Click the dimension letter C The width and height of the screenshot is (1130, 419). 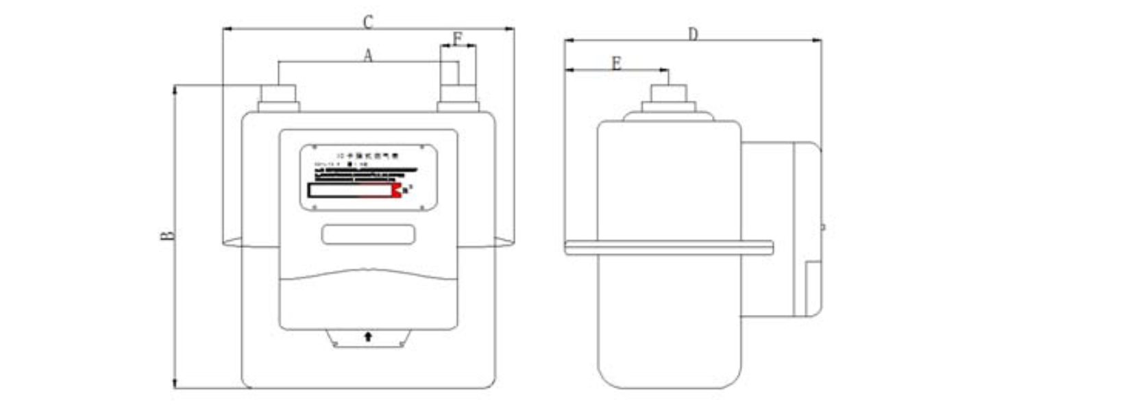[368, 22]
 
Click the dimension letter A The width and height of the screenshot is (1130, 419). [368, 55]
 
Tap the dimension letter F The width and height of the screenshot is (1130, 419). [458, 38]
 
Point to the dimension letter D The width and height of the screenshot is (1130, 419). [693, 34]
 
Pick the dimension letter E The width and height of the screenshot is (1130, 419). [616, 64]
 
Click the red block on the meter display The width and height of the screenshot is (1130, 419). [396, 190]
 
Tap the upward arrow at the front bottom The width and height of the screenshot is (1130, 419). [368, 336]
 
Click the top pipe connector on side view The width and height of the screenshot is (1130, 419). [669, 99]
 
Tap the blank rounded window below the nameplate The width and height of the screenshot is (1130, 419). [368, 235]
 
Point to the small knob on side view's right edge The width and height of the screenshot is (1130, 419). [822, 227]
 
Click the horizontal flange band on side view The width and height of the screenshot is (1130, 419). [668, 248]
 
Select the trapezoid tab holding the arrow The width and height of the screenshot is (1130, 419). [368, 338]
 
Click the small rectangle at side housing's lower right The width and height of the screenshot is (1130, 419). [813, 288]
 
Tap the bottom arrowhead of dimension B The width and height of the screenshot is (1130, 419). [175, 384]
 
